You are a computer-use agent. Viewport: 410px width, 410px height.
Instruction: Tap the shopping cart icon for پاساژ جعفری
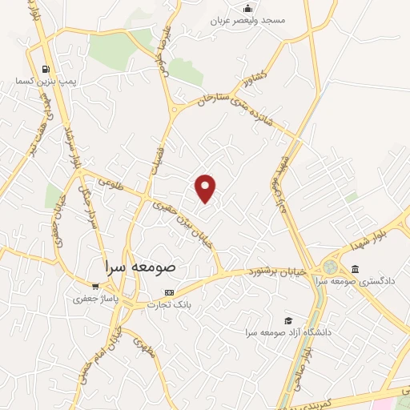tap(96, 287)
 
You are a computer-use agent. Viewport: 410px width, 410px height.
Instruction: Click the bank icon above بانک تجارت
tap(168, 292)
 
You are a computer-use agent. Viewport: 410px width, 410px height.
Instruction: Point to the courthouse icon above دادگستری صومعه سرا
tap(355, 268)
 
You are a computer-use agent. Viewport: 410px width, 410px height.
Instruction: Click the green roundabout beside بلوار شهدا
tap(329, 267)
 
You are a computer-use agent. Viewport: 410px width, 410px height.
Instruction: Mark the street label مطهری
tap(143, 348)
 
